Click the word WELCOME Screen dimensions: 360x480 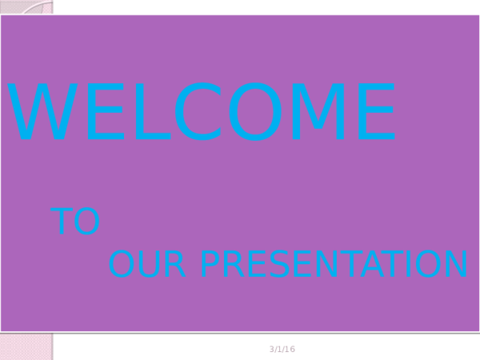tap(202, 114)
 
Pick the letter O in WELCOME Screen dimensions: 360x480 tap(258, 114)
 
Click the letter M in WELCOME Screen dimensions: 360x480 tap(322, 114)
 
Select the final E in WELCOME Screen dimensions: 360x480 tap(377, 114)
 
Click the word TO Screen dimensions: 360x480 tap(75, 223)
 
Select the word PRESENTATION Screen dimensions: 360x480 tap(334, 266)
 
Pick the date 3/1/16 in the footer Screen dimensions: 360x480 tap(282, 350)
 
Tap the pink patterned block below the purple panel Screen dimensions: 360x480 tap(26, 347)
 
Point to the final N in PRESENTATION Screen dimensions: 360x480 tap(455, 266)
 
